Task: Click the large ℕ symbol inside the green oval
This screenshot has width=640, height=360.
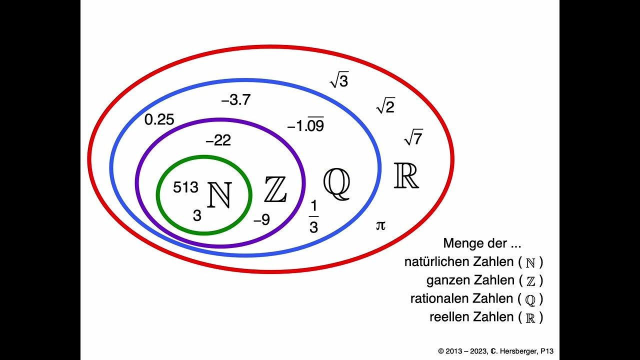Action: [x=219, y=195]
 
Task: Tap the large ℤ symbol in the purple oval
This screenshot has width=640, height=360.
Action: [x=275, y=190]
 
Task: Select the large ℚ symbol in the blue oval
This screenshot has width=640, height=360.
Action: [x=336, y=183]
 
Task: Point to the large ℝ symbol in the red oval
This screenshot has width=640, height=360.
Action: [x=406, y=175]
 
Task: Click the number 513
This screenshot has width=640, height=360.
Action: [x=185, y=187]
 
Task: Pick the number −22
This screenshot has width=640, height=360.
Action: [x=218, y=141]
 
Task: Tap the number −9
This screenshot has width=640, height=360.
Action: [x=261, y=220]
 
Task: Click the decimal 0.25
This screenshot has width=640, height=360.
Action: [x=159, y=120]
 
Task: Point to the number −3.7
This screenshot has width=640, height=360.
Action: [x=235, y=100]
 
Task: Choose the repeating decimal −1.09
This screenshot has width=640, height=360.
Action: [x=305, y=125]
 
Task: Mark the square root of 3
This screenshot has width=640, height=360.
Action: [x=339, y=80]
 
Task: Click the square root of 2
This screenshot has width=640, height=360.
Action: [x=385, y=106]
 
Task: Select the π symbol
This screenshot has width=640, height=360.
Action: [x=380, y=225]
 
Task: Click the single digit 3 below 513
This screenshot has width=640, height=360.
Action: [x=197, y=215]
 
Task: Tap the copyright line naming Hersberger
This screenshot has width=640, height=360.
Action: [x=495, y=351]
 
